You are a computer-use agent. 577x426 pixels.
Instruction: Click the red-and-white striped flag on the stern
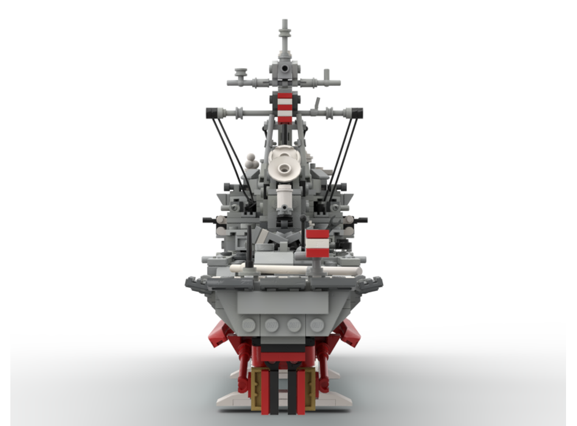point(317,243)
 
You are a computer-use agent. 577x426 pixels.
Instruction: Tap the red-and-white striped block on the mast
point(285,108)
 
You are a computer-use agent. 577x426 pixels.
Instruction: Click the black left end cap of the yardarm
point(211,113)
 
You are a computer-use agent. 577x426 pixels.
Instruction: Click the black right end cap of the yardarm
point(357,113)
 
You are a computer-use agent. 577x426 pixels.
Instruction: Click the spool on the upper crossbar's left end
point(241,74)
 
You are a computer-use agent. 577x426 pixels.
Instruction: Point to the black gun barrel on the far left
point(208,220)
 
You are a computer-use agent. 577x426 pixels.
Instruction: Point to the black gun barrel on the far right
point(362,220)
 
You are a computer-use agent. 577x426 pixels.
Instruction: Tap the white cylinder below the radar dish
point(284,197)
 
